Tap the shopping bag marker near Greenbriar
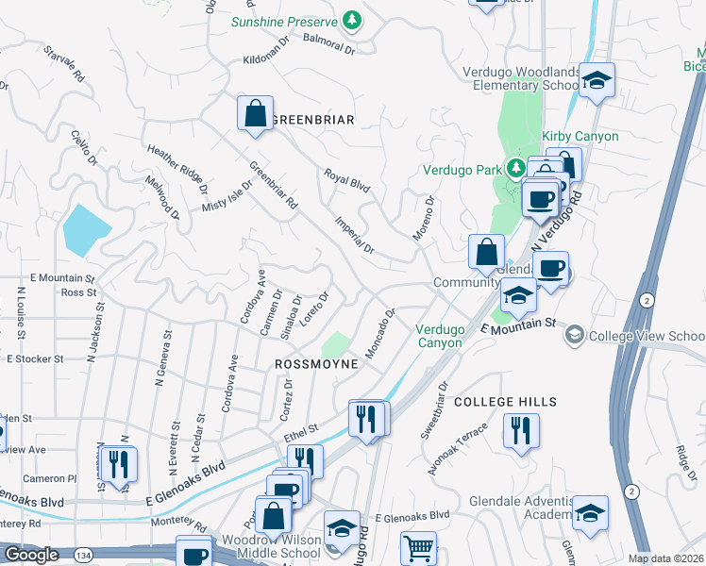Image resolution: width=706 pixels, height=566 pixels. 255,114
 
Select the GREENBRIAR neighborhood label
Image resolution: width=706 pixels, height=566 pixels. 312,120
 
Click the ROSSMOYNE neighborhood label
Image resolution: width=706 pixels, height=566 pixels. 316,363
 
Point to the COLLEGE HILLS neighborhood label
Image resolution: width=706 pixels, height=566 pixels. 505,402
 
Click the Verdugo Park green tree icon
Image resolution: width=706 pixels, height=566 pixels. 515,168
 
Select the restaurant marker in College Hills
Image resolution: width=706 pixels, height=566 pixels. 521,432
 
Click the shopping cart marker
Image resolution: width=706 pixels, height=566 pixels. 418,547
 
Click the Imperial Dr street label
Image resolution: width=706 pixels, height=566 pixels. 355,236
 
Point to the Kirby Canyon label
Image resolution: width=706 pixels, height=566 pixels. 580,137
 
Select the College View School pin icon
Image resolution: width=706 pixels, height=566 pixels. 573,335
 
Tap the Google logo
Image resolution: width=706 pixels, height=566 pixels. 31,555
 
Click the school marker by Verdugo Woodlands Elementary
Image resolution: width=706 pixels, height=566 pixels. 597,81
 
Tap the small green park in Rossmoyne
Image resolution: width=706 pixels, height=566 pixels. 335,345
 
